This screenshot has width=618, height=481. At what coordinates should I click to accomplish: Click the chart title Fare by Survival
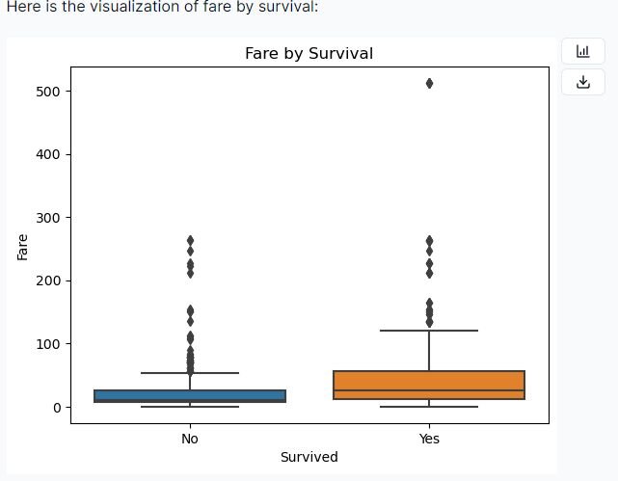309,53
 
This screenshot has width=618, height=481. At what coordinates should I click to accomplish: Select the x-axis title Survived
309,457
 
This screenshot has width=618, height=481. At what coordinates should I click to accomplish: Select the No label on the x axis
190,439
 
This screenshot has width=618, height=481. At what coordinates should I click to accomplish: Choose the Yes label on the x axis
429,439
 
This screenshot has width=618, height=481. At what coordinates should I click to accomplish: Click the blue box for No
190,396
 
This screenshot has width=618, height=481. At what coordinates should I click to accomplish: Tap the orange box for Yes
429,385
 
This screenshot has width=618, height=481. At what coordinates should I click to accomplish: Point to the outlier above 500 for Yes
429,84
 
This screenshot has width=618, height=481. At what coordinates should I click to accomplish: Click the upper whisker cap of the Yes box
429,331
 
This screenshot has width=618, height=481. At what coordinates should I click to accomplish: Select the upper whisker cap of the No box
190,373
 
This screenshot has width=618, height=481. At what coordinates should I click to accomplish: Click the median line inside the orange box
429,391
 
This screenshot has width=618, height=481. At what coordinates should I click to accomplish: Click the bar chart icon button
582,52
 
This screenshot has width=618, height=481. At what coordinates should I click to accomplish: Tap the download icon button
582,82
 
